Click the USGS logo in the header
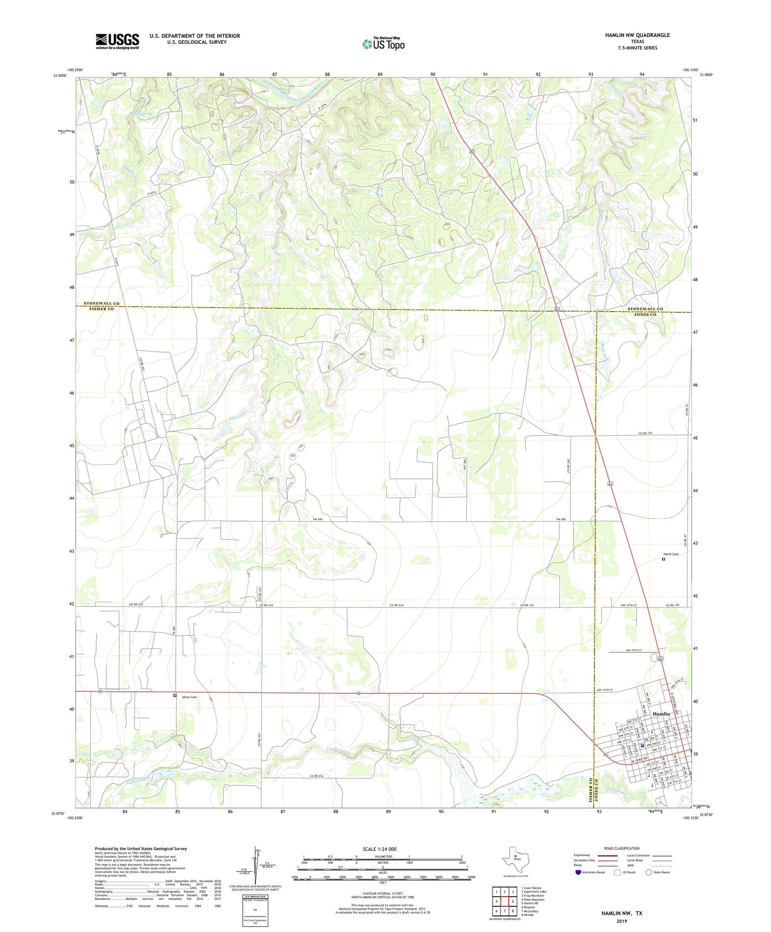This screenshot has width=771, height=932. pyautogui.click(x=117, y=41)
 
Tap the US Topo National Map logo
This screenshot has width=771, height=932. pyautogui.click(x=383, y=44)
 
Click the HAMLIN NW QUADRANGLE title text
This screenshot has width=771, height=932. pyautogui.click(x=637, y=35)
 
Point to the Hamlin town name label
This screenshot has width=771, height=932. pyautogui.click(x=661, y=714)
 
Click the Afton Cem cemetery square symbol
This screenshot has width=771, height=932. pyautogui.click(x=174, y=696)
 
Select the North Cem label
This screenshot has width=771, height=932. pyautogui.click(x=671, y=554)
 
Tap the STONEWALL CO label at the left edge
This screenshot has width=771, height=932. pyautogui.click(x=101, y=303)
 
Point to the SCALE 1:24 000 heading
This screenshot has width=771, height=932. pyautogui.click(x=379, y=849)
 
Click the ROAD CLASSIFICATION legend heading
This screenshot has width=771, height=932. pyautogui.click(x=622, y=848)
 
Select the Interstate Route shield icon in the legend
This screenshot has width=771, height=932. pyautogui.click(x=578, y=872)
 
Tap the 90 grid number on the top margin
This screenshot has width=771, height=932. pyautogui.click(x=432, y=74)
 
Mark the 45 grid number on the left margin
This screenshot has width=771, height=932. pyautogui.click(x=71, y=445)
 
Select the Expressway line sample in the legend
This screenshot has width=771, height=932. pyautogui.click(x=608, y=856)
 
